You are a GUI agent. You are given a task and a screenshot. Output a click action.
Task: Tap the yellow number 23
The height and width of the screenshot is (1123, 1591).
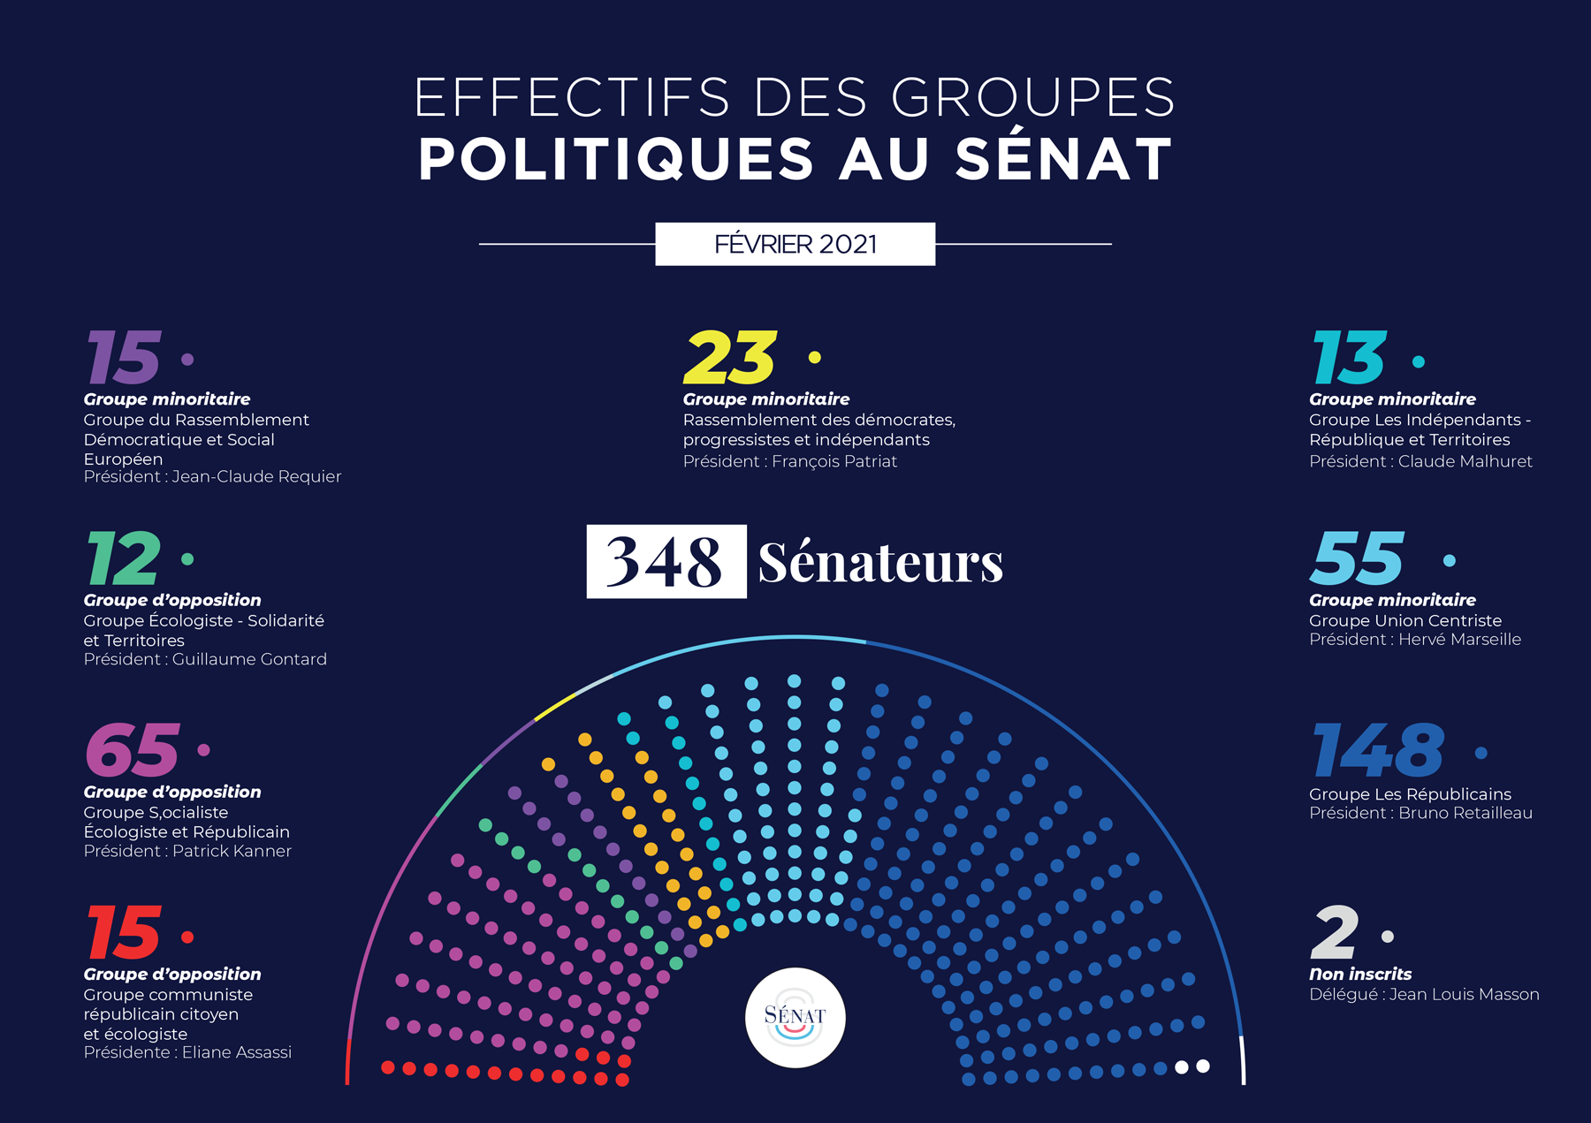click(x=730, y=358)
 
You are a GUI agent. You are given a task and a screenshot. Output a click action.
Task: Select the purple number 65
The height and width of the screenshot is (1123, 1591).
click(x=133, y=750)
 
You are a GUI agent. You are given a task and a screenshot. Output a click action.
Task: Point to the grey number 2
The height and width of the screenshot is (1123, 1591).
click(x=1334, y=933)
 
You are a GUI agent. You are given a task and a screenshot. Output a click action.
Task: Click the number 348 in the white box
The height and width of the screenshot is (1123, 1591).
click(x=666, y=562)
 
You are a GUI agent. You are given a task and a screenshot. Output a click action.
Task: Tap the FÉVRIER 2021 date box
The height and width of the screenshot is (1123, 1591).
click(x=795, y=244)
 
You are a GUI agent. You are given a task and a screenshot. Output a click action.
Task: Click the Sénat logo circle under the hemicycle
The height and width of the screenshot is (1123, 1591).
click(x=795, y=1018)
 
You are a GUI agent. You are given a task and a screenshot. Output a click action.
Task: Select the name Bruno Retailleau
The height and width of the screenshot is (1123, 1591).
click(x=1465, y=813)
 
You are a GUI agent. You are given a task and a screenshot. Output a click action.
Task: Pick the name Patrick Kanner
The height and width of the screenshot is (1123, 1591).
click(x=232, y=851)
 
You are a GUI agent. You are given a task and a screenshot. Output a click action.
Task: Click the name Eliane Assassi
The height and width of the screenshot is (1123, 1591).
click(x=236, y=1052)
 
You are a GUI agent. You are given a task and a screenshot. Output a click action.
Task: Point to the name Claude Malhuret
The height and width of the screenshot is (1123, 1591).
click(x=1465, y=461)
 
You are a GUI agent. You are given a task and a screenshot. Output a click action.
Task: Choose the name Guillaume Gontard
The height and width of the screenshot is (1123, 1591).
click(x=249, y=659)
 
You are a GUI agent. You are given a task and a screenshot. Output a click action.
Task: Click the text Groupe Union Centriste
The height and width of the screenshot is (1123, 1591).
click(x=1404, y=620)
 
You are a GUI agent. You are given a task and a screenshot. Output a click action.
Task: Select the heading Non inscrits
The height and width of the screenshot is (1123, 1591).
click(x=1359, y=974)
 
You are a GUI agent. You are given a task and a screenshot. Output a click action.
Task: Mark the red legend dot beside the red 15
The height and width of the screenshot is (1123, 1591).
click(x=187, y=937)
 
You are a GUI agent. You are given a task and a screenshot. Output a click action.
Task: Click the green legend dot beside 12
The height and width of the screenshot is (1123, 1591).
click(x=187, y=559)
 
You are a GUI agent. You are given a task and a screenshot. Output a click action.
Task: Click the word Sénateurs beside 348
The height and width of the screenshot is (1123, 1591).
click(x=880, y=562)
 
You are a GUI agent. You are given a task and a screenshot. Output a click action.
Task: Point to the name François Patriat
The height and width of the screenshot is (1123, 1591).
click(x=834, y=461)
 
